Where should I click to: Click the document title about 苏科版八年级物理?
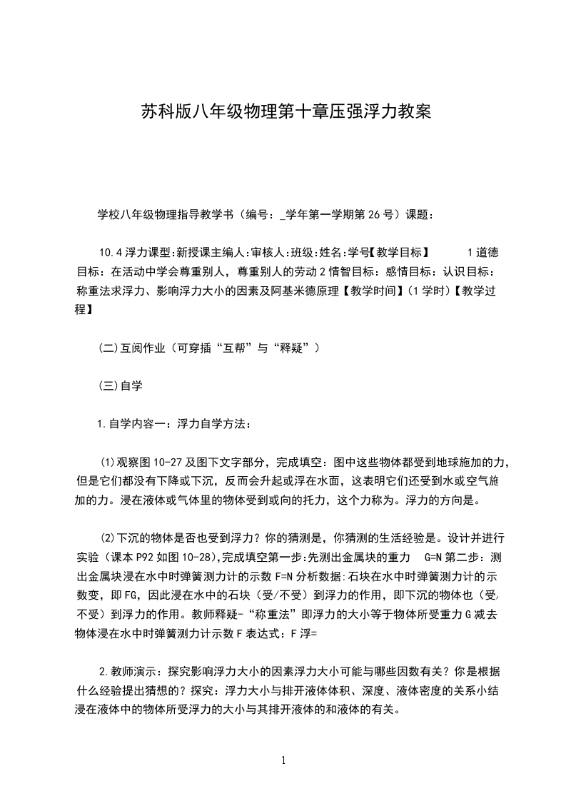coord(285,113)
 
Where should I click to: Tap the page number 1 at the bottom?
coord(285,760)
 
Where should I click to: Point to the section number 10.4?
coord(111,252)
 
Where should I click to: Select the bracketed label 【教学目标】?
coord(403,252)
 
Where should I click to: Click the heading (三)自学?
coord(121,386)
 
